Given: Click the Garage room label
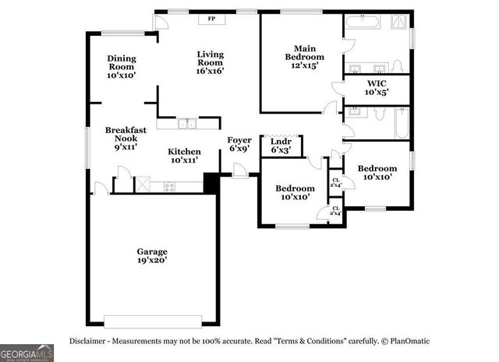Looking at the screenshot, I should (x=153, y=256).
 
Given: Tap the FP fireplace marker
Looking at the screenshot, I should (x=211, y=19).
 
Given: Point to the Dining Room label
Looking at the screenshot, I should (x=121, y=66).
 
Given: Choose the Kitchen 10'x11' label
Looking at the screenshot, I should (x=184, y=156).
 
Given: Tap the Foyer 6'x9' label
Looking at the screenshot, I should (x=239, y=144).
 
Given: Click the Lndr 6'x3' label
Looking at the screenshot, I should (x=281, y=146).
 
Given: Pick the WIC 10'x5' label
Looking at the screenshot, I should (x=376, y=86).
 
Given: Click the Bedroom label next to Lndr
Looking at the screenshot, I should (x=295, y=192).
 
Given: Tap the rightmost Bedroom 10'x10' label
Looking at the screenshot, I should (x=377, y=172).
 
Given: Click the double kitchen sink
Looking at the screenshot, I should (x=186, y=123).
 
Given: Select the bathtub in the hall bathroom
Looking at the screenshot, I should (x=402, y=122).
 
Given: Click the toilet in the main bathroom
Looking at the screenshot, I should (x=397, y=64).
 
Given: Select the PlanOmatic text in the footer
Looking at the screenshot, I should (x=409, y=341).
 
